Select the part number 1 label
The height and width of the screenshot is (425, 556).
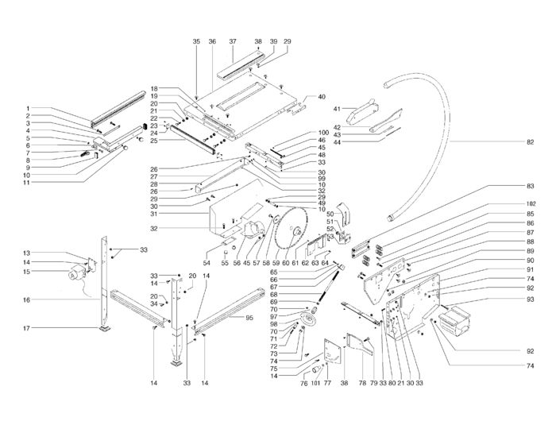28,109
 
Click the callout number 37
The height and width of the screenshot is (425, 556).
233,41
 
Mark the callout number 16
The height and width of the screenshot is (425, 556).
27,300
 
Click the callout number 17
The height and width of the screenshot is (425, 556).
27,329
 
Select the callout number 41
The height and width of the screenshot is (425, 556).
336,108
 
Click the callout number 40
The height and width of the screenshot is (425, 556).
321,97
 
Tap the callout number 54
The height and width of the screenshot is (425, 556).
207,262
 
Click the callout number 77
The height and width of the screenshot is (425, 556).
326,384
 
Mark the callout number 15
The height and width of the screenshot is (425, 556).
27,272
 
